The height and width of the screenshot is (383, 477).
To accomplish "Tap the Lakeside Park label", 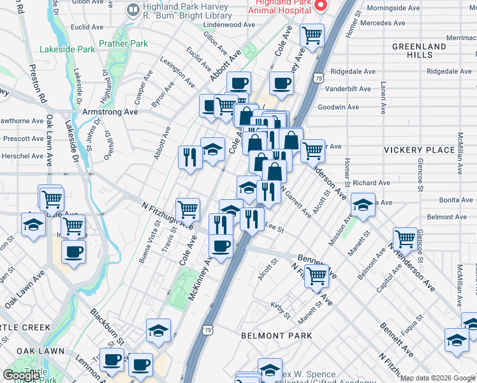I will pyautogui.click(x=67, y=49).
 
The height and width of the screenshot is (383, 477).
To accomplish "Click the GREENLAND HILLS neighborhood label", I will pyautogui.click(x=419, y=51).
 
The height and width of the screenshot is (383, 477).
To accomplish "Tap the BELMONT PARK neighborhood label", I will pyautogui.click(x=276, y=336).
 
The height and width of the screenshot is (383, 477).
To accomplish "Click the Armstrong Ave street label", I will pyautogui.click(x=110, y=112).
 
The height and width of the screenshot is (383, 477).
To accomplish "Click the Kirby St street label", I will pyautogui.click(x=280, y=306).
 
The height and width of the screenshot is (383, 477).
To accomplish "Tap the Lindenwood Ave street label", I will pyautogui.click(x=229, y=25).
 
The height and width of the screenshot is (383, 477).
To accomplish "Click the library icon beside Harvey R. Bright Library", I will pyautogui.click(x=133, y=9).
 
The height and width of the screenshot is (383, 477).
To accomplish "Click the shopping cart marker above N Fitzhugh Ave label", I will pyautogui.click(x=187, y=208).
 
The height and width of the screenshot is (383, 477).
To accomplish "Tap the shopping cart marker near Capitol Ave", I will pyautogui.click(x=405, y=239).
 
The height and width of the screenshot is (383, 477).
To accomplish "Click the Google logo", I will pyautogui.click(x=21, y=375).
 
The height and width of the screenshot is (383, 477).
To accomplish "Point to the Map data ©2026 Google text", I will pyautogui.click(x=437, y=378).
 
